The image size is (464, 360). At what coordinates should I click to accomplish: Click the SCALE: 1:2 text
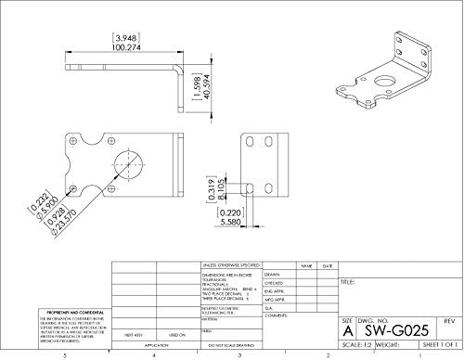pos(355,342)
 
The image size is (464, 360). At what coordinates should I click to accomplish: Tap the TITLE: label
pos(348,281)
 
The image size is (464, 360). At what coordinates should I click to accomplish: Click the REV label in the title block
pos(448,319)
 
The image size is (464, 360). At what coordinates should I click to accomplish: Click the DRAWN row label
pos(272,275)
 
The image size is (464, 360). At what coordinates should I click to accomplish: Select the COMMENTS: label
pos(277,316)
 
